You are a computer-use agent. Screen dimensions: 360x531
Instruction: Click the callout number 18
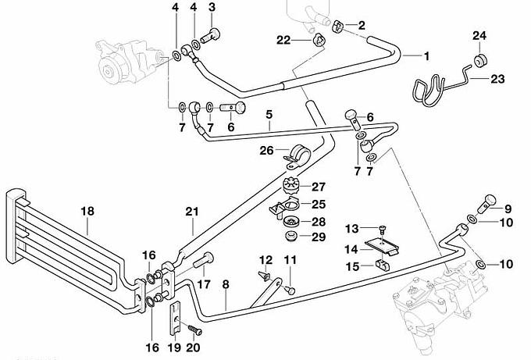[x=87, y=210]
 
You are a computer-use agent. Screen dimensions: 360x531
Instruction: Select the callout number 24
[x=479, y=36]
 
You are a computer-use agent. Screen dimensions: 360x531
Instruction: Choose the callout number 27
[x=319, y=187]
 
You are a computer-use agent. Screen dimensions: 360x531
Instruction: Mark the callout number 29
[x=318, y=237]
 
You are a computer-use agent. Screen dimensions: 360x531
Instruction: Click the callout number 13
[x=352, y=228]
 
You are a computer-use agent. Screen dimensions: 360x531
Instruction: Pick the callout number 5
[x=268, y=114]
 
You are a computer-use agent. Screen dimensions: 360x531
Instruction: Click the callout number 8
[x=226, y=284]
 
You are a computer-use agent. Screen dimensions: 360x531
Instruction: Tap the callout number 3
[x=212, y=7]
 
